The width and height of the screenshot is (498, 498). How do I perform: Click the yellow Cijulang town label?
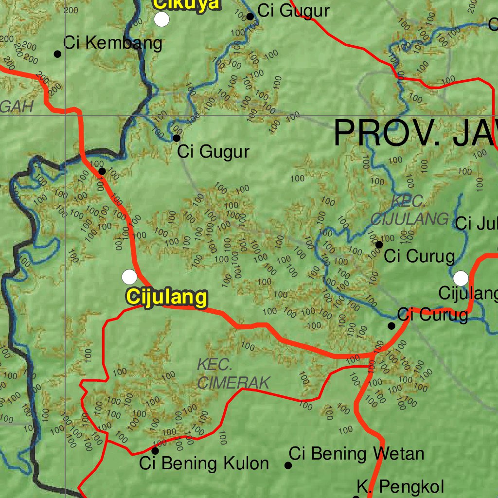(166, 297)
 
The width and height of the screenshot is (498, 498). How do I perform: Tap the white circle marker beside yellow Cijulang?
(129, 277)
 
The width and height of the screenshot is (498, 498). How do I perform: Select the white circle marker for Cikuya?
(161, 19)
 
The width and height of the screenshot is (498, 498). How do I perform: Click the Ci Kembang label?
(113, 43)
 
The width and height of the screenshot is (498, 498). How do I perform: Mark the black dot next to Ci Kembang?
(57, 54)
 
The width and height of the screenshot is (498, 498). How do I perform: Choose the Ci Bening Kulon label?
(204, 463)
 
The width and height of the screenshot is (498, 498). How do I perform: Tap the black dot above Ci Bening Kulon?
(155, 451)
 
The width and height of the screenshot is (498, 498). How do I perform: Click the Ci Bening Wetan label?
(356, 454)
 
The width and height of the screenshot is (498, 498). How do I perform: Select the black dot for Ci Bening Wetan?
(288, 465)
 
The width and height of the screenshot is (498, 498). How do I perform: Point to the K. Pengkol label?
(400, 486)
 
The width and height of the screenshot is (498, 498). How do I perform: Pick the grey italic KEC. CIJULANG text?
(410, 210)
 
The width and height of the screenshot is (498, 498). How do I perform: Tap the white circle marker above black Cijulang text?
(461, 278)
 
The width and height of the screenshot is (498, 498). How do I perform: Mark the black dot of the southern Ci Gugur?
(177, 138)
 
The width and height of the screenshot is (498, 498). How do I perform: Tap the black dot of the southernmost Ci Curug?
(391, 325)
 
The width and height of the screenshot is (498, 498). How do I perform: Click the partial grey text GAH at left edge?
(17, 107)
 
